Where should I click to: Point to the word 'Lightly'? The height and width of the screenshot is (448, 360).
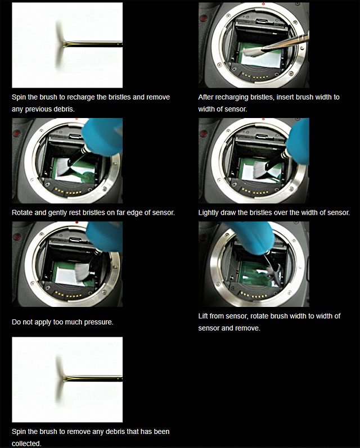coord(211,212)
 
